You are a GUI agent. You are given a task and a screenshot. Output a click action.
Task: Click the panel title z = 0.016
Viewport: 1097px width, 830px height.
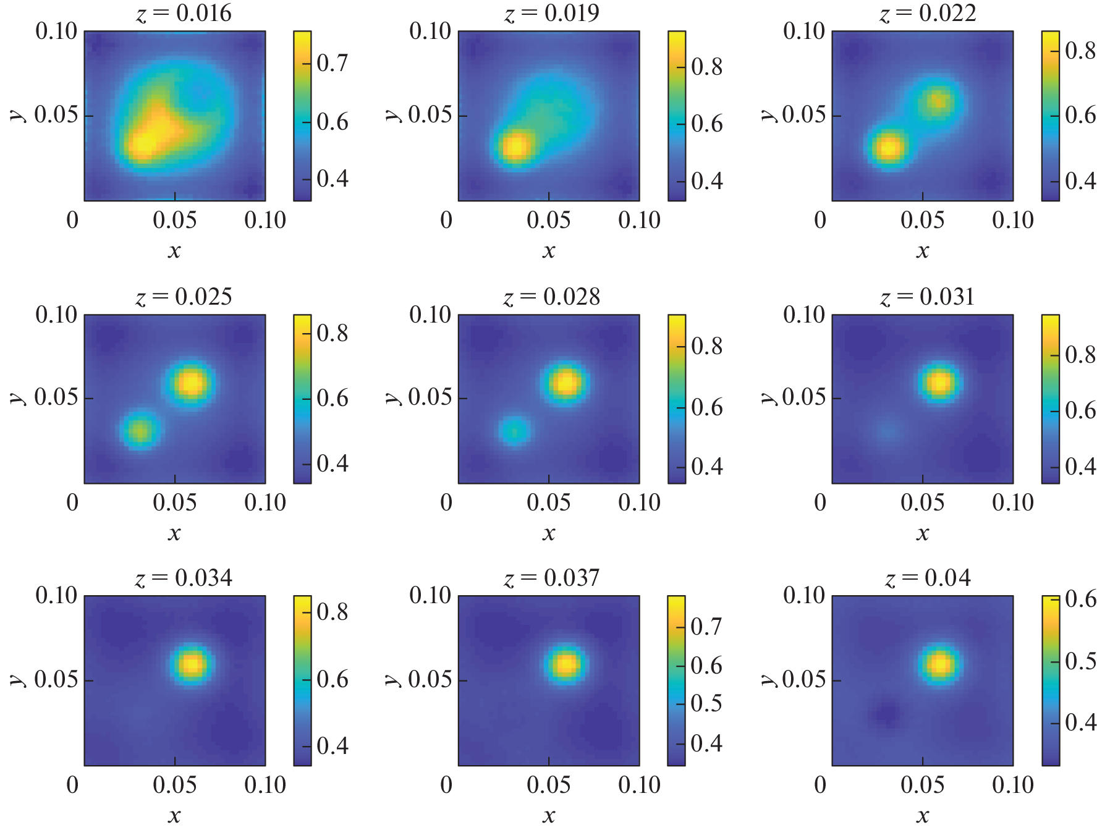(184, 13)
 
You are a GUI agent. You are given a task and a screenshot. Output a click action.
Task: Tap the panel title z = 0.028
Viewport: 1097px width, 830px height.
(551, 297)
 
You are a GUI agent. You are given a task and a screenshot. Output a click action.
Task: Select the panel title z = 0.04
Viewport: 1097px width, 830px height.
(927, 578)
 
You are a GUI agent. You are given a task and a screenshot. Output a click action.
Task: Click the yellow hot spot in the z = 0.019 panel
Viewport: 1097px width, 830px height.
(515, 147)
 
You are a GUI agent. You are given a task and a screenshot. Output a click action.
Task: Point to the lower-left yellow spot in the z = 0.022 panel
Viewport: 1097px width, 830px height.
(889, 148)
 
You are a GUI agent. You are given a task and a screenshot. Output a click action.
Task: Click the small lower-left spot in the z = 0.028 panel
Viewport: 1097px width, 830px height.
(514, 431)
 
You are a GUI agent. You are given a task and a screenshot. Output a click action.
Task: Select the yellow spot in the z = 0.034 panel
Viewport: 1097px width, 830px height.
(192, 664)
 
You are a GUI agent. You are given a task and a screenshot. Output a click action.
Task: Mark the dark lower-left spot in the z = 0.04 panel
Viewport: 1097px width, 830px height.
(887, 714)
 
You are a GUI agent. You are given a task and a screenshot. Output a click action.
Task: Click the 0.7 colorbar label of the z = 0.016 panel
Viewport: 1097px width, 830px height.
(332, 63)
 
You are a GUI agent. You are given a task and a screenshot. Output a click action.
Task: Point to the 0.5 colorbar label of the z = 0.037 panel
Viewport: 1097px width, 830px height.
(706, 703)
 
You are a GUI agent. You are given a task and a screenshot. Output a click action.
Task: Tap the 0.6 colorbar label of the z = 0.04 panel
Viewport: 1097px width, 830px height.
(1080, 599)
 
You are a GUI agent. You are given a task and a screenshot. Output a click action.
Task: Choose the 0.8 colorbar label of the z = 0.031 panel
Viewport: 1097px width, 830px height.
(1080, 355)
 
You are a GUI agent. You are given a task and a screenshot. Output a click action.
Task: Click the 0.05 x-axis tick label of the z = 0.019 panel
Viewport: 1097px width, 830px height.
(549, 220)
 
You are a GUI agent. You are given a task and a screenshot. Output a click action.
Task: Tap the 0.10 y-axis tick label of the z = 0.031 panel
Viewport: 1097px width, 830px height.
(803, 315)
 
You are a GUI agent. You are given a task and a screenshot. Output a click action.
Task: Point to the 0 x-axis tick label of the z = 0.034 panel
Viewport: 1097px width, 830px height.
(72, 785)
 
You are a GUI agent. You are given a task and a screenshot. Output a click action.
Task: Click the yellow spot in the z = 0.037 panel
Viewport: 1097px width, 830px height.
(565, 664)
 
